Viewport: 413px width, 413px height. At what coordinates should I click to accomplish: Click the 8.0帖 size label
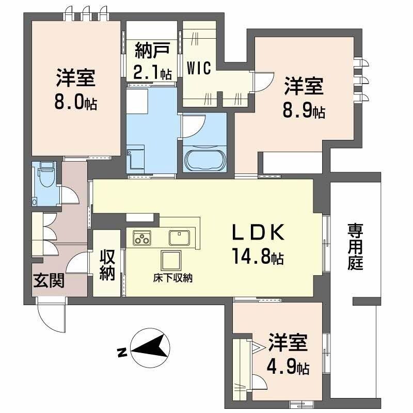coord(75,102)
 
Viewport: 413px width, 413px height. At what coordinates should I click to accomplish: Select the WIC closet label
coord(199,68)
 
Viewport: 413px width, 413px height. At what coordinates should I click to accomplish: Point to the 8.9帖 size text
coord(304,111)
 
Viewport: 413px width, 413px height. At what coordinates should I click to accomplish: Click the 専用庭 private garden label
coord(355,247)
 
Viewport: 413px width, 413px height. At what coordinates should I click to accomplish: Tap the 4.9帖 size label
coord(288,368)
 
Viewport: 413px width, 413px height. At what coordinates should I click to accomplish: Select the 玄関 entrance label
coord(49,281)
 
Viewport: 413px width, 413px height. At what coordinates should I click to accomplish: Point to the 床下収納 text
coord(172,278)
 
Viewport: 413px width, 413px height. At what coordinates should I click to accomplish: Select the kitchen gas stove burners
coord(141,238)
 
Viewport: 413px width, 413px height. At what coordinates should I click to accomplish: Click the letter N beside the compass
coord(121,353)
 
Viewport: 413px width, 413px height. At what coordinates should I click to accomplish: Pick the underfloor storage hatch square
coord(170,259)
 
